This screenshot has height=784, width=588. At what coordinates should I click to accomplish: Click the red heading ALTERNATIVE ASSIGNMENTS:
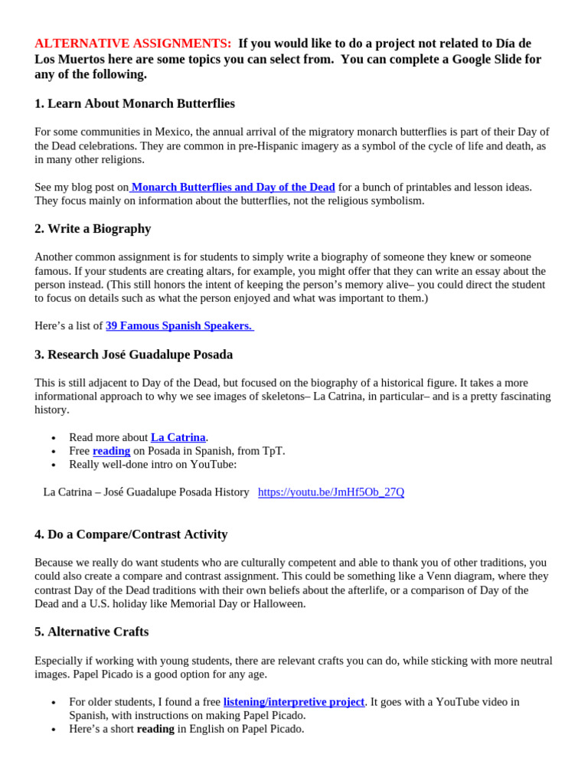(132, 44)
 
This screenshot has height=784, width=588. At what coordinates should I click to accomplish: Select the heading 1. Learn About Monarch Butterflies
(135, 103)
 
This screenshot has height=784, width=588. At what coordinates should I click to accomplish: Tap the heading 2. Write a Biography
(93, 229)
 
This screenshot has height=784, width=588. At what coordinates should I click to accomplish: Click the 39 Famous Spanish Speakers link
(179, 325)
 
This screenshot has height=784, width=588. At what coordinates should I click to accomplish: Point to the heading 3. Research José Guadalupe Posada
(133, 354)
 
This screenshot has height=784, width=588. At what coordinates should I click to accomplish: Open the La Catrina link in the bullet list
(178, 437)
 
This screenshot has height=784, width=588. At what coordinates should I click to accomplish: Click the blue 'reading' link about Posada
(111, 451)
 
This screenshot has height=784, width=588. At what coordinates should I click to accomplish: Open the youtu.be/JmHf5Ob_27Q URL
(331, 492)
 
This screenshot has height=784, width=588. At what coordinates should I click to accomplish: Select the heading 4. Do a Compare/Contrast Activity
(131, 534)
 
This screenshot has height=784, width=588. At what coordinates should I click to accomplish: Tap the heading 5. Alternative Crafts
(91, 632)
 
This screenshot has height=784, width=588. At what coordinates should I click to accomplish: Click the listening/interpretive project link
(293, 701)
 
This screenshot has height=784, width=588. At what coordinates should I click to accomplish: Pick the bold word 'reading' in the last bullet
(155, 729)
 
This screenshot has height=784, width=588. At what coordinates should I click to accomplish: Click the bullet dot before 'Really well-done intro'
(53, 465)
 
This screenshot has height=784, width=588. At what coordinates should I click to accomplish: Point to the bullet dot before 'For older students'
(53, 703)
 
